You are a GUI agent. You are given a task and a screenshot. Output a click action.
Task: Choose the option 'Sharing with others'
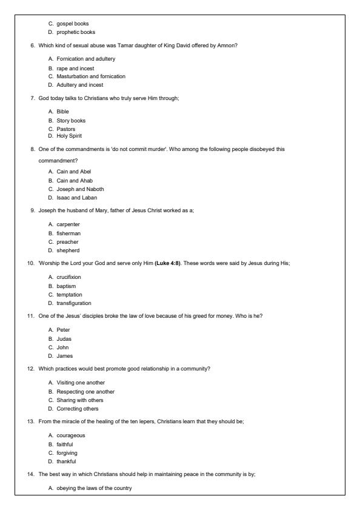point(79,400)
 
